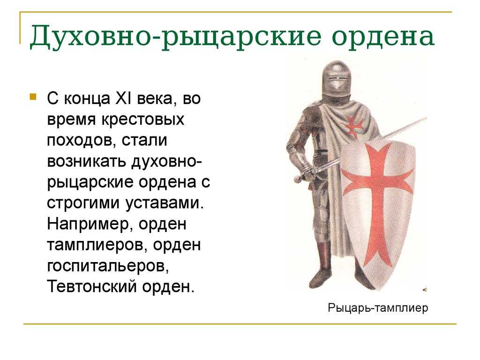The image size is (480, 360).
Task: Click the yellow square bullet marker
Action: tap(33, 97)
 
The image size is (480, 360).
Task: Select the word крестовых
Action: tap(143, 120)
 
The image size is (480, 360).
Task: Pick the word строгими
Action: tap(83, 203)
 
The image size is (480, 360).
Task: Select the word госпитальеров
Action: tap(108, 266)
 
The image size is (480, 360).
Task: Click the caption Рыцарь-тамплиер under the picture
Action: tap(378, 307)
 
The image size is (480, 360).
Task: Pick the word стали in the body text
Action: tap(144, 140)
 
